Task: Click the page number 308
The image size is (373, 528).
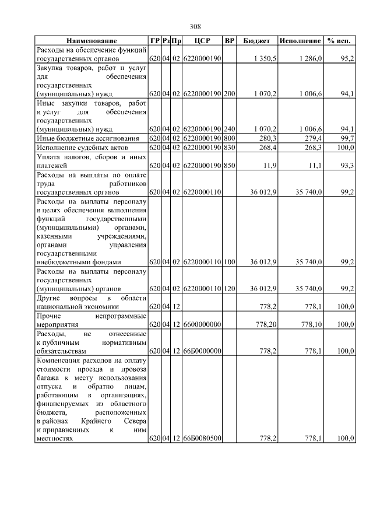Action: pyautogui.click(x=195, y=27)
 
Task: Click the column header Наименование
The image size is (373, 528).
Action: pyautogui.click(x=92, y=41)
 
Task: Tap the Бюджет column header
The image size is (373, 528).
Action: pyautogui.click(x=256, y=41)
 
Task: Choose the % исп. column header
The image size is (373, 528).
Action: pyautogui.click(x=339, y=41)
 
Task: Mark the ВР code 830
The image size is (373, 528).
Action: pyautogui.click(x=230, y=148)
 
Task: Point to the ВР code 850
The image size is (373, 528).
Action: pyautogui.click(x=230, y=166)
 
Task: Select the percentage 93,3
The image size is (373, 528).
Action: pyautogui.click(x=347, y=166)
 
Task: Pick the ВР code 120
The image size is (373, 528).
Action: pyautogui.click(x=230, y=288)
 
